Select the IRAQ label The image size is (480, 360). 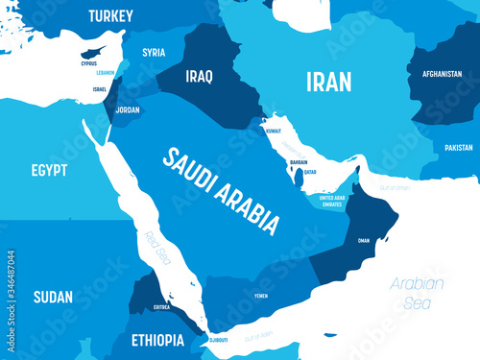tap(199, 75)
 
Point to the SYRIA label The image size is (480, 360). tap(154, 53)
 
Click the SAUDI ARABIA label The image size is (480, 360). tap(221, 190)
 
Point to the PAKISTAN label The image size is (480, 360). tap(459, 148)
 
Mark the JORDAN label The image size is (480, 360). tap(128, 109)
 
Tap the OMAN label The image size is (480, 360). tap(363, 241)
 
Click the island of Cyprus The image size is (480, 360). tap(89, 48)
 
